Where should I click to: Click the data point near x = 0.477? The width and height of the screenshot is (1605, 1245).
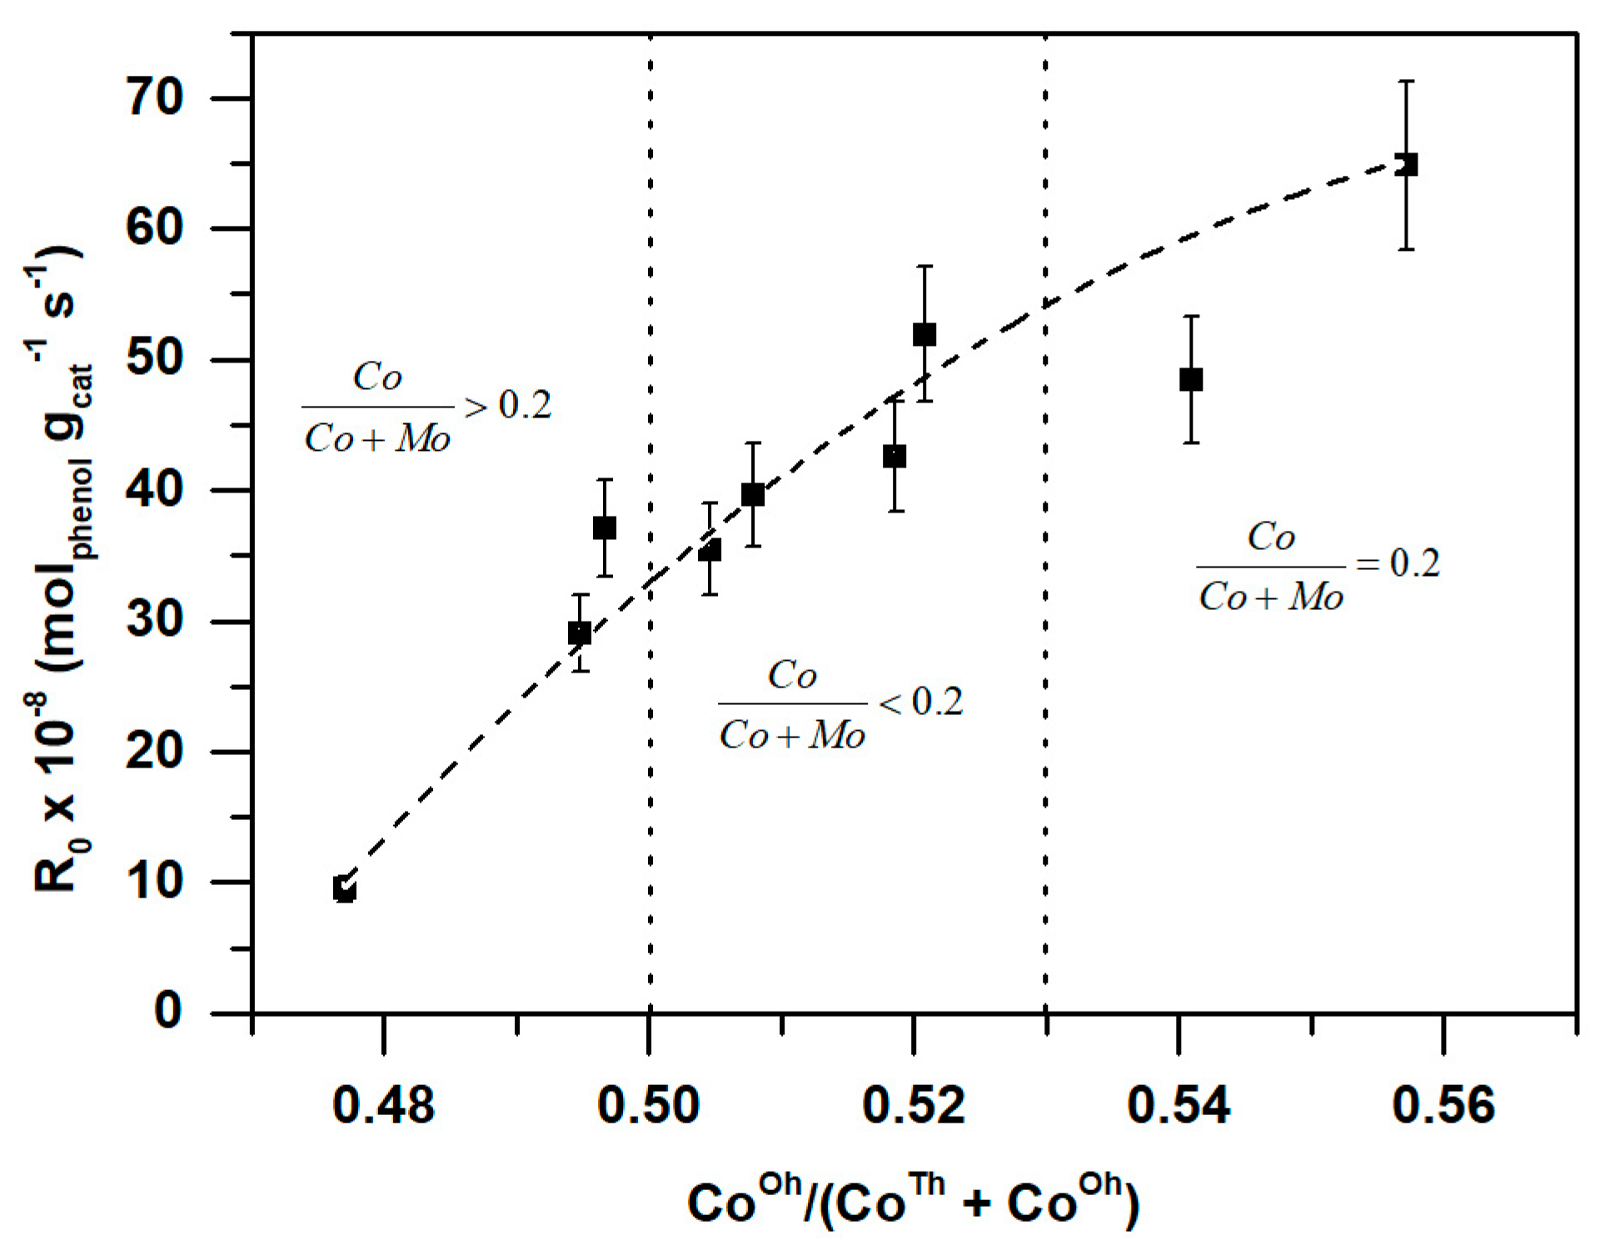tap(345, 889)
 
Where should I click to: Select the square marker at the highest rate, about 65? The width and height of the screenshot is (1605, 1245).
tap(1406, 164)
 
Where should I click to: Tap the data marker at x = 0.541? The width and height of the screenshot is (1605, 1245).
tap(1191, 380)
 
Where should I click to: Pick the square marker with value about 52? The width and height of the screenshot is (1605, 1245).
tap(925, 335)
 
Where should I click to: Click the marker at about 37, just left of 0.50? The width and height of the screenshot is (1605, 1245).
tap(605, 527)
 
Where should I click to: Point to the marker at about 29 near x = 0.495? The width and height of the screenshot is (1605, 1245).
tap(580, 633)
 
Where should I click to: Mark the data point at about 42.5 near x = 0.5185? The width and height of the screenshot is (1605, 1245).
tap(895, 457)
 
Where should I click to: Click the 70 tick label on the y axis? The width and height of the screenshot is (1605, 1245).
tap(154, 98)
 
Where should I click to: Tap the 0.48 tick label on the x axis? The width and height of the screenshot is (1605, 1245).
tap(383, 1105)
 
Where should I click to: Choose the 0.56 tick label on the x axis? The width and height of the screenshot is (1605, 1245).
tap(1443, 1105)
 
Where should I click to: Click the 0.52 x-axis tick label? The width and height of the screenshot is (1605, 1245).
tap(914, 1105)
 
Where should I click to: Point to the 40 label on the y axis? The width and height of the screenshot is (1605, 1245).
tap(154, 491)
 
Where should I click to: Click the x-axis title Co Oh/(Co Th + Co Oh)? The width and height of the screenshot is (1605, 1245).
tap(913, 1201)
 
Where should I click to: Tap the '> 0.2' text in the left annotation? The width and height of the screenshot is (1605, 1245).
tap(508, 406)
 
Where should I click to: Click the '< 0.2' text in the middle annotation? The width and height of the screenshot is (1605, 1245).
tap(920, 702)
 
